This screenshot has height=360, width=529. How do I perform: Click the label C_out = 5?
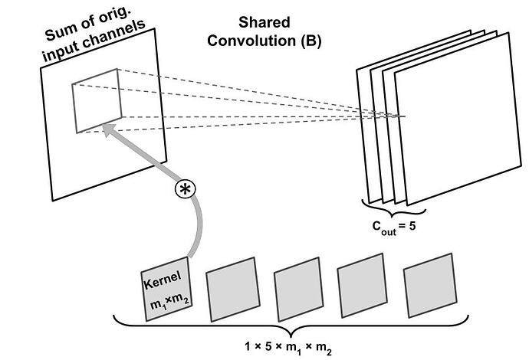click(x=394, y=227)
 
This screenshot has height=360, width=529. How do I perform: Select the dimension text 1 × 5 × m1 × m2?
click(x=289, y=345)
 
